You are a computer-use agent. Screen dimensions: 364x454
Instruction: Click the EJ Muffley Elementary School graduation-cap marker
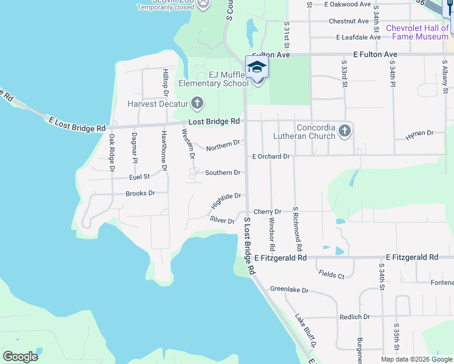[x=257, y=67]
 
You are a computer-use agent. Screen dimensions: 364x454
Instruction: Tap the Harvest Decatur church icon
[x=197, y=104]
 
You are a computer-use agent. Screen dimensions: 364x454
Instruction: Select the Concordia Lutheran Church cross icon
[x=345, y=131]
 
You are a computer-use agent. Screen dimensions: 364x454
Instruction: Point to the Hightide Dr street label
[x=226, y=200]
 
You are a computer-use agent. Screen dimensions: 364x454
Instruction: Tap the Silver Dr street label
[x=222, y=220]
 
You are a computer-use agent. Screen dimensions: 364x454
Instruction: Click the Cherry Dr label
[x=267, y=212]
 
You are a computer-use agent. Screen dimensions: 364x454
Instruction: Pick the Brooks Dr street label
[x=140, y=194]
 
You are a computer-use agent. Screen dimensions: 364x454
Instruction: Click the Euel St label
[x=139, y=178]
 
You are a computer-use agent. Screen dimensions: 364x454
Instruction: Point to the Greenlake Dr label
[x=289, y=290]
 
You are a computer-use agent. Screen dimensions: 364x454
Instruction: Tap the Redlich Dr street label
[x=355, y=317]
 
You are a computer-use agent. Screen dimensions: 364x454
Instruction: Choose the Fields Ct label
[x=331, y=275]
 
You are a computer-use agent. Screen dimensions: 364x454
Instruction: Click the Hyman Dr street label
[x=421, y=133]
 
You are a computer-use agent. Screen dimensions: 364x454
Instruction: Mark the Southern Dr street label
[x=223, y=173]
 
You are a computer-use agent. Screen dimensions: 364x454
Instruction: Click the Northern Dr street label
[x=223, y=145]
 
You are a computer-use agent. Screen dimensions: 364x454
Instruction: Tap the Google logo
[x=20, y=356]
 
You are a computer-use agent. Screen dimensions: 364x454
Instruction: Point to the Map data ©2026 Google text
[x=416, y=359]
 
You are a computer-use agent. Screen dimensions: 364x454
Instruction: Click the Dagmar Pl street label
[x=134, y=148]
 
